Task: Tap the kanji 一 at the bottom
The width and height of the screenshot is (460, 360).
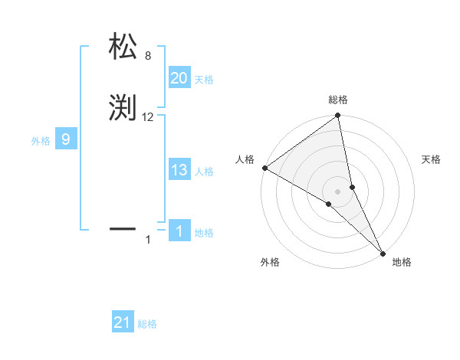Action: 123,227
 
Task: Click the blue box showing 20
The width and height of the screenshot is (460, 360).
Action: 179,78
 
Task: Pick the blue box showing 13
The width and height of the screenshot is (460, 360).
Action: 179,171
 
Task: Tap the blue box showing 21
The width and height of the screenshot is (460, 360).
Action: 123,322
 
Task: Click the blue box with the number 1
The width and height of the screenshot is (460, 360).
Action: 179,231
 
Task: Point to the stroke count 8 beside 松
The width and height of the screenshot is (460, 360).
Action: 148,55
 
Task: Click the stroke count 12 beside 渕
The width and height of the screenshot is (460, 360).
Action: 148,117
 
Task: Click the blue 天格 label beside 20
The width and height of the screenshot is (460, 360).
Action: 203,80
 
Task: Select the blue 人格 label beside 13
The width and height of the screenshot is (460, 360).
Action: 204,172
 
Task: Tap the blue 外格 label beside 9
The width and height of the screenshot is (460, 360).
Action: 40,141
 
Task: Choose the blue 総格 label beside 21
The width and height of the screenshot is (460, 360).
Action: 147,324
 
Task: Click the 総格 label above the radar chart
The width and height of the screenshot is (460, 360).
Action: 337,100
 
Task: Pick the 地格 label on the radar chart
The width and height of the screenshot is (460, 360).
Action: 402,262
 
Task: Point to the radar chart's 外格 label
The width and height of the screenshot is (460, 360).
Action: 269,262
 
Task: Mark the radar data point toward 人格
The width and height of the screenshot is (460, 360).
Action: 264,168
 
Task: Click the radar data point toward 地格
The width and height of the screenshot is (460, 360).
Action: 383,253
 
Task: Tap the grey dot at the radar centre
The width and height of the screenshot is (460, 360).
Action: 337,191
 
